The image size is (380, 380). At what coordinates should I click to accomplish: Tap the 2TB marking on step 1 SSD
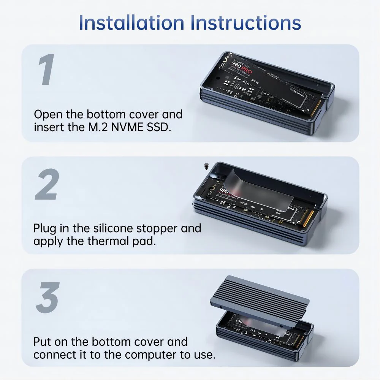(x=255, y=81)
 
